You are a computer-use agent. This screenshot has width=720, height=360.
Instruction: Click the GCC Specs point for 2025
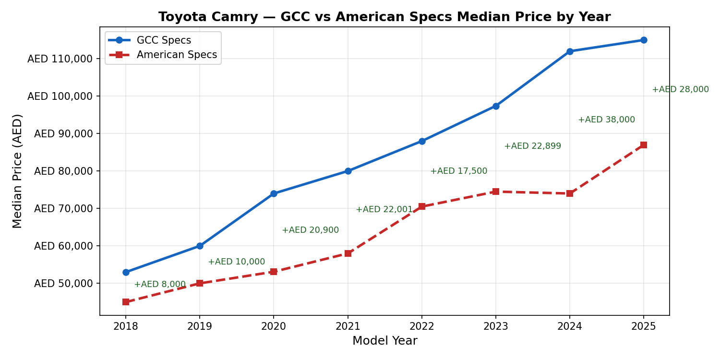click(x=644, y=40)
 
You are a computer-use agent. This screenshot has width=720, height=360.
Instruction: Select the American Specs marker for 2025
click(x=644, y=145)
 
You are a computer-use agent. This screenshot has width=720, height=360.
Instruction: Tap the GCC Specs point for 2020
click(x=274, y=193)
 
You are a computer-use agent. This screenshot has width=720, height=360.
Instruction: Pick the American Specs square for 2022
click(x=422, y=206)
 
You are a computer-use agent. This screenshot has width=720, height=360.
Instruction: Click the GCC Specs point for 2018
click(x=126, y=272)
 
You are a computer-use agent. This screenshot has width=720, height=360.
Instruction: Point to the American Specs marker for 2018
click(x=126, y=302)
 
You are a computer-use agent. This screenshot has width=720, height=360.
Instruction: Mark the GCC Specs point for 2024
click(x=570, y=51)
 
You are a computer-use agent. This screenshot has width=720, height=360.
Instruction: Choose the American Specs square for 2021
click(x=348, y=253)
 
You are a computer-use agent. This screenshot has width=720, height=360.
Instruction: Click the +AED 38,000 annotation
click(x=606, y=120)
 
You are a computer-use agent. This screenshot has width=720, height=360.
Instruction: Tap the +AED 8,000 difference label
click(x=159, y=284)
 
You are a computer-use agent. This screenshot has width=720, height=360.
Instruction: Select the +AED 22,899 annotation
click(x=532, y=146)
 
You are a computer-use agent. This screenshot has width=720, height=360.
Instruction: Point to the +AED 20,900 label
click(x=310, y=230)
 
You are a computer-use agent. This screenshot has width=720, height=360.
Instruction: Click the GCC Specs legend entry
click(x=164, y=40)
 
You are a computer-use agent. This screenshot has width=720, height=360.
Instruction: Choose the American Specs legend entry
click(x=177, y=55)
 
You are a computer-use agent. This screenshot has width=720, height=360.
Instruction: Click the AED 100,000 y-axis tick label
click(x=60, y=96)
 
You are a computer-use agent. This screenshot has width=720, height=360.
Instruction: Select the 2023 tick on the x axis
click(x=496, y=327)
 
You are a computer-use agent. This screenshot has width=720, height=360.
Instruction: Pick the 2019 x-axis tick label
click(x=200, y=327)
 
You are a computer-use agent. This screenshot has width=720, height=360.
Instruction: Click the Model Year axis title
click(x=384, y=341)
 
